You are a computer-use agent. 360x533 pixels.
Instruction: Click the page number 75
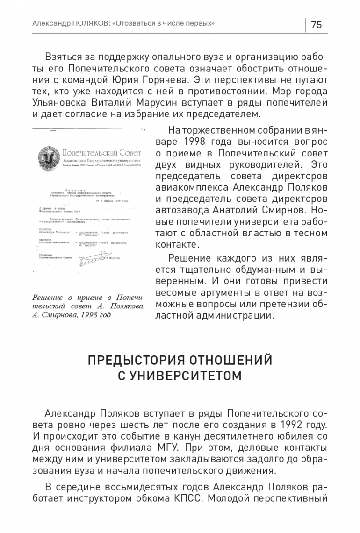(316, 25)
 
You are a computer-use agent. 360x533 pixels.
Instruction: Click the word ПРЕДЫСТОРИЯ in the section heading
(131, 361)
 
